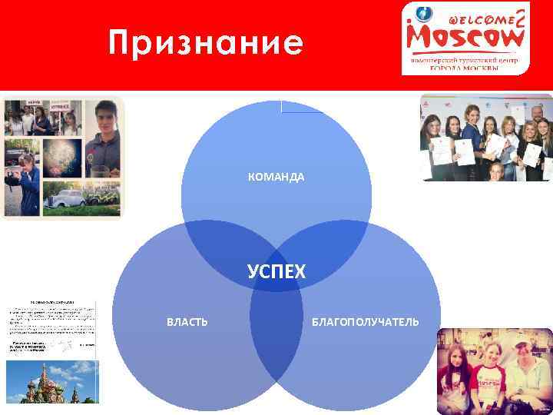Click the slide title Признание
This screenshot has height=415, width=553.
pos(205,43)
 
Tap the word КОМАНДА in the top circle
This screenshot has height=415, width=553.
pos(276,178)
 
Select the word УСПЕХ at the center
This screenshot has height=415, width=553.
pos(276,271)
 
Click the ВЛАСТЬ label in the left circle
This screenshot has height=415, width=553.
pos(187,321)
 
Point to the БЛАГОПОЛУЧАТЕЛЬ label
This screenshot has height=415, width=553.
pos(366,321)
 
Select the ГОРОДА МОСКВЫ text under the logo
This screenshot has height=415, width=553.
pos(465,68)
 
